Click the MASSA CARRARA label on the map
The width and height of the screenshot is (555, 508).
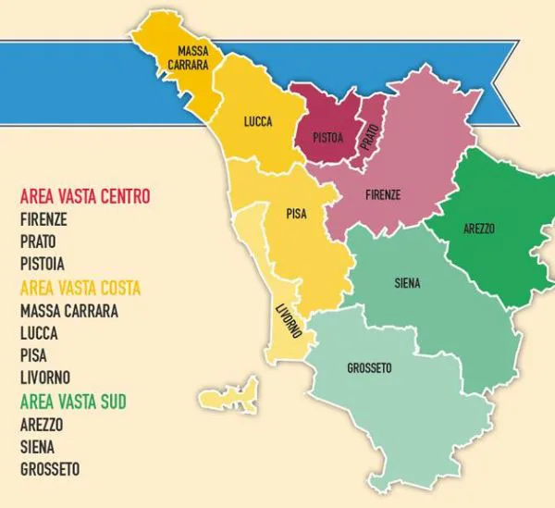tap(193, 57)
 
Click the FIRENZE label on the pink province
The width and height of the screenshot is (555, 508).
tap(383, 195)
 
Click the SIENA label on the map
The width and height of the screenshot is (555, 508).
tap(406, 284)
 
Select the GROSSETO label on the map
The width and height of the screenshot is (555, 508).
tap(369, 367)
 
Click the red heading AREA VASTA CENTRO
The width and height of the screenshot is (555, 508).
tap(84, 196)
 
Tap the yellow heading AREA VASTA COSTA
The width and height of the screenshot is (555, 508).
tap(80, 289)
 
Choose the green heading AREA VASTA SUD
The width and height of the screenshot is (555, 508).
tap(72, 401)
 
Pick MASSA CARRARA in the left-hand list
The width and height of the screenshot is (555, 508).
tap(68, 311)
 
